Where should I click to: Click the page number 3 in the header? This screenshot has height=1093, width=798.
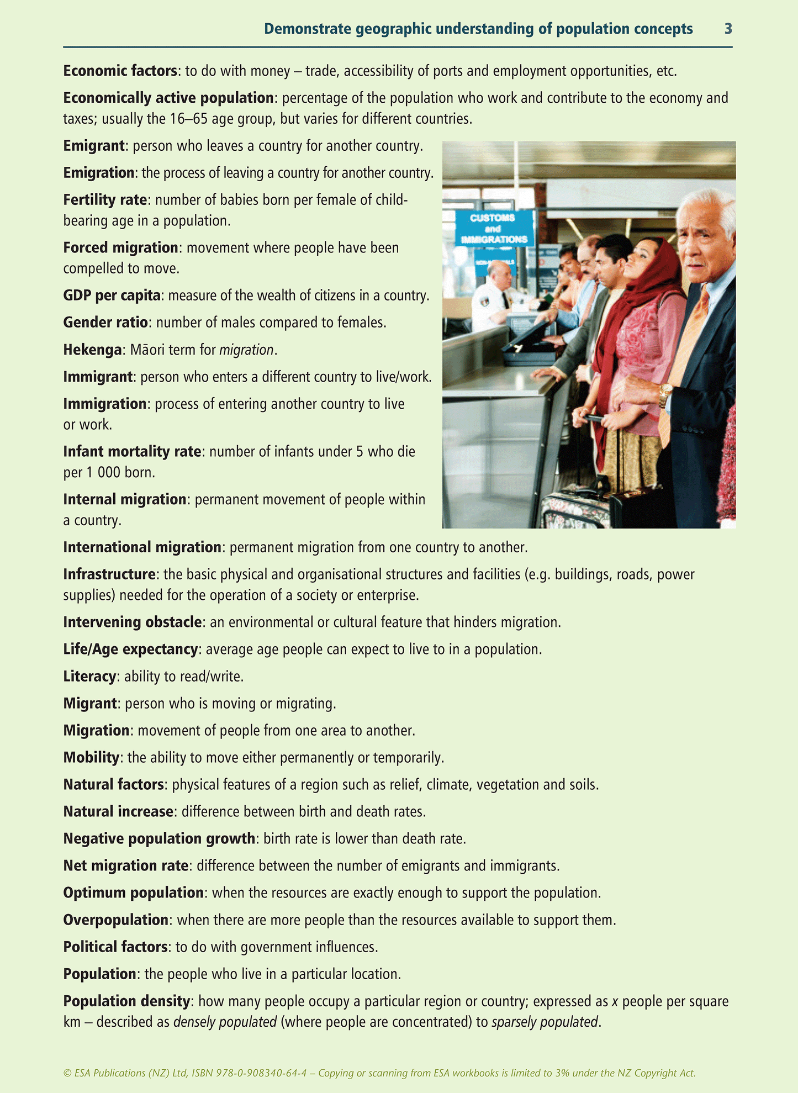(728, 29)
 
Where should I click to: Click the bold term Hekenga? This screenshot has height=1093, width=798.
(92, 350)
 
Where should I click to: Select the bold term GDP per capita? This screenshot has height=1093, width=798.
(112, 295)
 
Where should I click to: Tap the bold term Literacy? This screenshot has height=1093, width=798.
(89, 677)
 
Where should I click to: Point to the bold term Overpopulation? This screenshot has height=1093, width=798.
(115, 920)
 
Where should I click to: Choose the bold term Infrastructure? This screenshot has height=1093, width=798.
(109, 574)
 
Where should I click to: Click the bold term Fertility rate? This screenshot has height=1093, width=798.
(105, 199)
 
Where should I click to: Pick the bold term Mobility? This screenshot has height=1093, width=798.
(91, 757)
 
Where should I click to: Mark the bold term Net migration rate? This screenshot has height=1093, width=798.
(126, 866)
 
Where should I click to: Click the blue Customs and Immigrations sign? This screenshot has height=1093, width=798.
(493, 228)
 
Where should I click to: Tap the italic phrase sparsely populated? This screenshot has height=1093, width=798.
(545, 1022)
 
